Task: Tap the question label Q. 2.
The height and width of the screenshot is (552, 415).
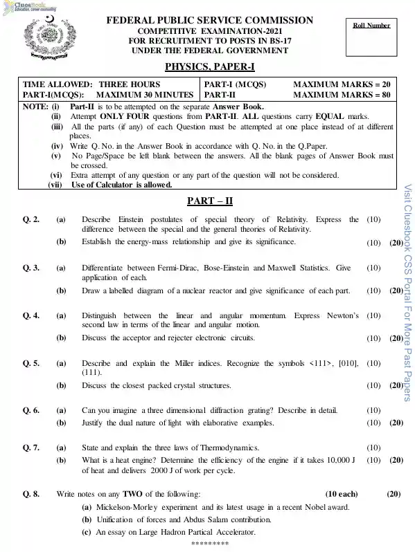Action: (31, 220)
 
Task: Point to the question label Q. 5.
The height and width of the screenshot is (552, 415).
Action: (31, 363)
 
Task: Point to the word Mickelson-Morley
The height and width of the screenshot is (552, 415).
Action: (128, 506)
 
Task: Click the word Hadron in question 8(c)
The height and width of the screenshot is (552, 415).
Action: (184, 533)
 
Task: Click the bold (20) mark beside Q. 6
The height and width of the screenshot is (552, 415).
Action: (396, 422)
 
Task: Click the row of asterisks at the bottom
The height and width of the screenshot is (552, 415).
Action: (209, 544)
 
